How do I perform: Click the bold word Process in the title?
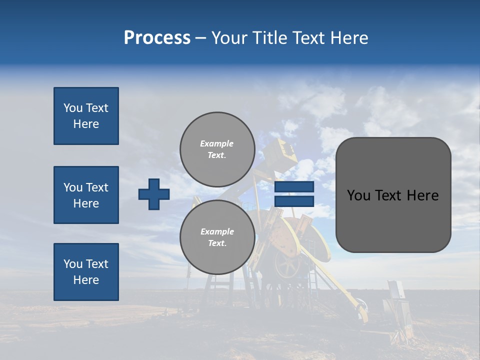click(157, 38)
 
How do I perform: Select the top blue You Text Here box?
click(86, 116)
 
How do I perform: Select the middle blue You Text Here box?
click(86, 195)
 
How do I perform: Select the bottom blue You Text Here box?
click(86, 272)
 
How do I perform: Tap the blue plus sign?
click(154, 194)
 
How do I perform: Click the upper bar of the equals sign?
click(294, 186)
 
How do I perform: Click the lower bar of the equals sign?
click(294, 201)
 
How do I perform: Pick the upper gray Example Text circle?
click(217, 149)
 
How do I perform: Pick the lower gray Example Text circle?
click(217, 237)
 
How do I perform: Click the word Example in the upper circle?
click(216, 143)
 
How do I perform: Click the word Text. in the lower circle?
click(217, 243)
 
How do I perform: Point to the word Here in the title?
click(350, 38)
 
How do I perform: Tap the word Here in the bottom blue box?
click(86, 280)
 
